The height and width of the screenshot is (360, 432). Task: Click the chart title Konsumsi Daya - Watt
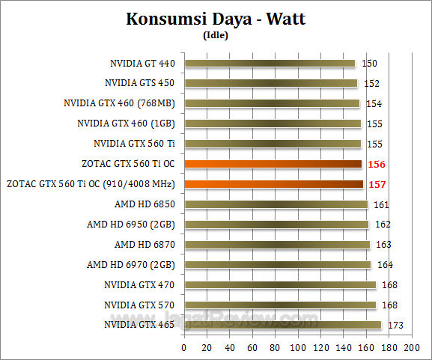tap(216, 19)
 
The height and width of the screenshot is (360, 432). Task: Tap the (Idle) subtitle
tap(216, 34)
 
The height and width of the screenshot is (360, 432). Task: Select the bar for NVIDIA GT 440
tap(270, 64)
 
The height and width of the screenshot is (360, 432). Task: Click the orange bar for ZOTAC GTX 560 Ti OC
tap(273, 164)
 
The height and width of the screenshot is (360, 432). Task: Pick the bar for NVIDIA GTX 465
tap(282, 325)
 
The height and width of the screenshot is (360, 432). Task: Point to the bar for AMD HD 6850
tap(276, 204)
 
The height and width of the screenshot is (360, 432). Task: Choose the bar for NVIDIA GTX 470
tap(279, 284)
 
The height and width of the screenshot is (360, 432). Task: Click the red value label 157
tap(376, 184)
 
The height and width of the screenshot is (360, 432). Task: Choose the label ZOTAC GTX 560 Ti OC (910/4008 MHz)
tap(91, 184)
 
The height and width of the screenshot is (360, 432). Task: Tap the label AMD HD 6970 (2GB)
tap(131, 264)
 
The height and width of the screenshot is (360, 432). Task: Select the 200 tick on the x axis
tap(411, 348)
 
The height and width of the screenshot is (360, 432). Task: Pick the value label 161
tap(380, 204)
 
